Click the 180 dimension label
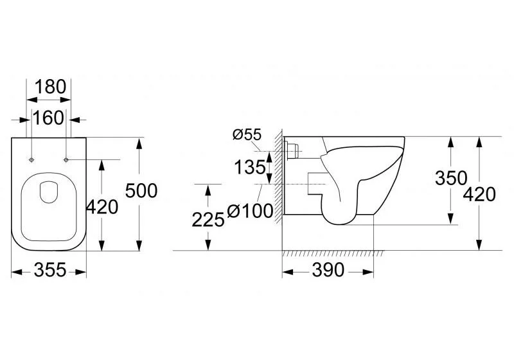click(50, 87)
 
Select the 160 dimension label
click(48, 118)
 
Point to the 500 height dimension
click(141, 190)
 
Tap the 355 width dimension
click(50, 270)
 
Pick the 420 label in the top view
click(102, 207)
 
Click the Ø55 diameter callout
click(247, 134)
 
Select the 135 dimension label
click(250, 168)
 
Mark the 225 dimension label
click(208, 219)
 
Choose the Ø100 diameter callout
click(250, 210)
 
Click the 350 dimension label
click(451, 178)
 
